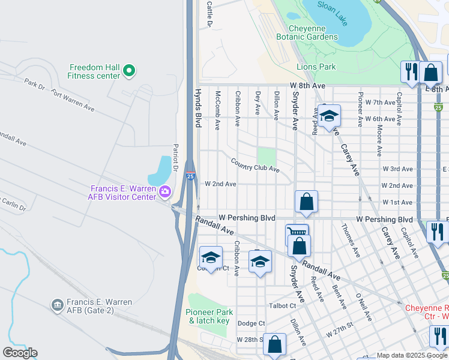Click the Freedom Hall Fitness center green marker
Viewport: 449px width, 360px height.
pyautogui.click(x=128, y=72)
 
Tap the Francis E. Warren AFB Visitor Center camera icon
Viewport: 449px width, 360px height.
pyautogui.click(x=165, y=192)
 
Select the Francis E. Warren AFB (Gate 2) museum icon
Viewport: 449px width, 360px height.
pyautogui.click(x=58, y=305)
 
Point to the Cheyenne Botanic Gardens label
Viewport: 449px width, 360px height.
pyautogui.click(x=307, y=32)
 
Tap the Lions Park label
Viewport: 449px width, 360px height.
pyautogui.click(x=316, y=67)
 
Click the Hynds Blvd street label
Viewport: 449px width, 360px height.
pyautogui.click(x=197, y=109)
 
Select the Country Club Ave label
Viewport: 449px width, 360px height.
pyautogui.click(x=255, y=165)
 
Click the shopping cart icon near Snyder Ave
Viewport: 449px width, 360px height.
pyautogui.click(x=297, y=233)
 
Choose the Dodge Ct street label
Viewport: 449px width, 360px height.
pyautogui.click(x=251, y=323)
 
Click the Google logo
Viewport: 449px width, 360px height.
pyautogui.click(x=20, y=353)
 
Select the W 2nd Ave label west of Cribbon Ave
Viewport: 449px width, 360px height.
pyautogui.click(x=220, y=184)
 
